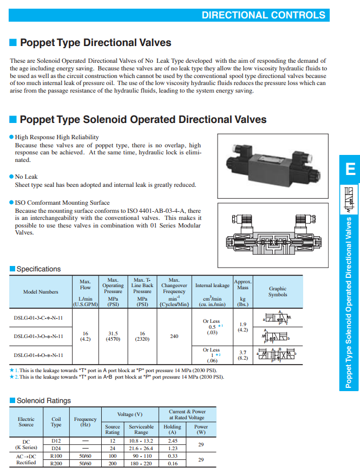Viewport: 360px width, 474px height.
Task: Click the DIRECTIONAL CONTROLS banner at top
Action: click(263, 15)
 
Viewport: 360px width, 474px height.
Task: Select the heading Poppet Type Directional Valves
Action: click(95, 43)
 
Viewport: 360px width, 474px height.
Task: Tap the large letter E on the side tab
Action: click(350, 170)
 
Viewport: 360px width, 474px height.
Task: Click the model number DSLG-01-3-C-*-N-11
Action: click(38, 317)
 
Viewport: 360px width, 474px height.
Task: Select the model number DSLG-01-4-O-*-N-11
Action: click(38, 355)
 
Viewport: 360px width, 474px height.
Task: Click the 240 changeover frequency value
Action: click(174, 336)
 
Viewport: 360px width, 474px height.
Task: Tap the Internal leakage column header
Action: click(212, 285)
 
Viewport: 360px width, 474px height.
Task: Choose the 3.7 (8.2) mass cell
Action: click(243, 355)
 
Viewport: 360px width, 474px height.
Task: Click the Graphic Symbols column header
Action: click(278, 291)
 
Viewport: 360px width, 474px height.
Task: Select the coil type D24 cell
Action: click(56, 449)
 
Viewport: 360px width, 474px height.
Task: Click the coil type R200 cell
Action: click(56, 463)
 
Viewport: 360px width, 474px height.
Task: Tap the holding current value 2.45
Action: click(173, 441)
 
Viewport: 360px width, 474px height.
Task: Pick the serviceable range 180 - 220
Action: click(141, 463)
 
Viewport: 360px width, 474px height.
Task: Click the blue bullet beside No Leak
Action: click(11, 177)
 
